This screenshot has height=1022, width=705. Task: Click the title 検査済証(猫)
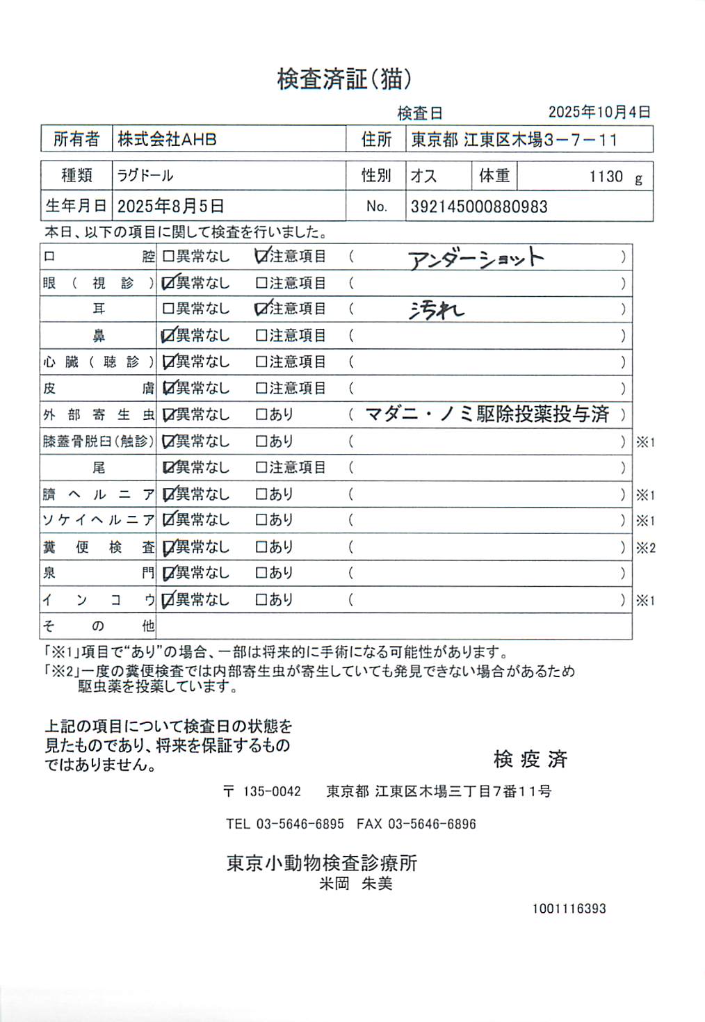click(x=344, y=79)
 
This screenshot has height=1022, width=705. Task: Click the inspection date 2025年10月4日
click(x=599, y=112)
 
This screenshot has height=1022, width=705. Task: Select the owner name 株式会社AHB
click(x=167, y=139)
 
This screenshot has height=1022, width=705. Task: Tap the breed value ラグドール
click(x=145, y=175)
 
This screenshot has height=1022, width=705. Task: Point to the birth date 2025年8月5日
click(x=170, y=206)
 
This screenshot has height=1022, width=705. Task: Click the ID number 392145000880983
click(x=479, y=206)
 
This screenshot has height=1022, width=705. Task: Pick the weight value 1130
click(x=606, y=177)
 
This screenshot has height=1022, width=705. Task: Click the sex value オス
click(x=423, y=176)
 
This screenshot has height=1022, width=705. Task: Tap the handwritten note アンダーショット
click(x=476, y=259)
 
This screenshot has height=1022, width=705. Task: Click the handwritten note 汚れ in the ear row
click(x=436, y=310)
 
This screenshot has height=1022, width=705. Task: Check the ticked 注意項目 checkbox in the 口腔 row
click(x=261, y=257)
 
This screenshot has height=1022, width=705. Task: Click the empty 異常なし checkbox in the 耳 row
click(x=168, y=309)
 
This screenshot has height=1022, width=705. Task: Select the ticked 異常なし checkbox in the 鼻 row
click(x=168, y=336)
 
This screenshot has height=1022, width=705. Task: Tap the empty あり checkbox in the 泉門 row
click(x=261, y=573)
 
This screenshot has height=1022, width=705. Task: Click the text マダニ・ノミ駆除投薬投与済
click(x=487, y=414)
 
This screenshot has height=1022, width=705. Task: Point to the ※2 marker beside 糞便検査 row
click(x=645, y=548)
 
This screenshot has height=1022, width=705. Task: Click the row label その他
click(x=98, y=626)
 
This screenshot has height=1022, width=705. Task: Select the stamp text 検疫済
click(x=530, y=759)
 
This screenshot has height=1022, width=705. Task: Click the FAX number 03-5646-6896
click(x=432, y=824)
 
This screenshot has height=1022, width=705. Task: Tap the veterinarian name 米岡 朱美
click(x=356, y=884)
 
